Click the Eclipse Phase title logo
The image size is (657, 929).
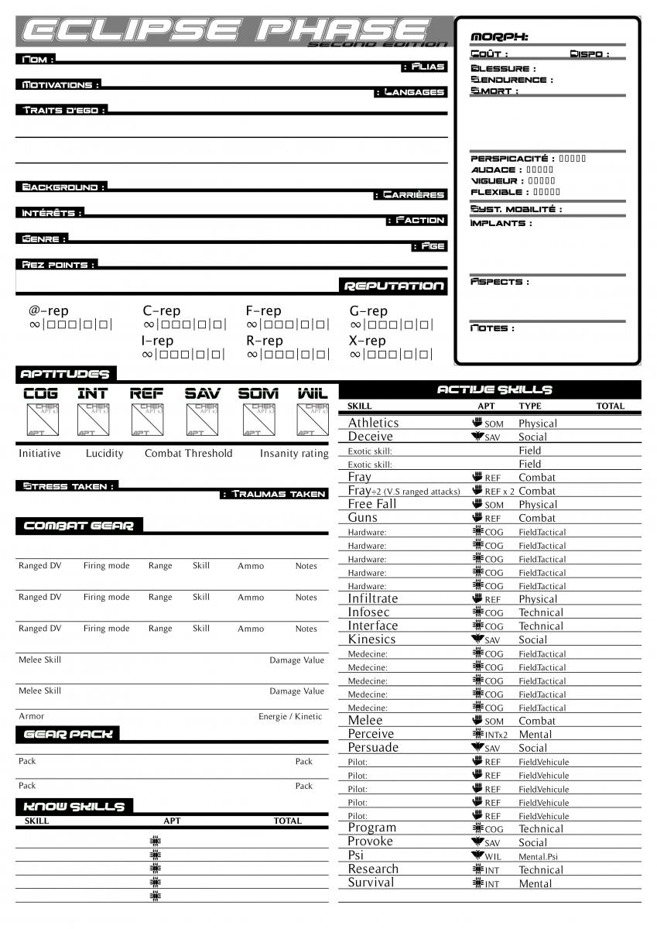click(x=232, y=31)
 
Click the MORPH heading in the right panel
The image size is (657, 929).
click(x=499, y=37)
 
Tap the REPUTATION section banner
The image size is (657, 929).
click(x=393, y=286)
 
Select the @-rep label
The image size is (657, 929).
click(x=49, y=311)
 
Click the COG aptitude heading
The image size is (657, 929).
click(x=40, y=393)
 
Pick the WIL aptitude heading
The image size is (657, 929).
click(x=313, y=393)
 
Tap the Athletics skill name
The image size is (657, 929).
click(x=373, y=423)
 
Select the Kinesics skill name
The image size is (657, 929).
click(x=371, y=639)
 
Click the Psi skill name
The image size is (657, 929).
click(x=355, y=855)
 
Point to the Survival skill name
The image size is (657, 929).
click(x=371, y=883)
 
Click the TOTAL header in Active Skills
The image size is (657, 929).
click(x=610, y=406)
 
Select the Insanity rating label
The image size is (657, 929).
click(x=294, y=454)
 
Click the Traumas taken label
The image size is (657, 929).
click(x=274, y=494)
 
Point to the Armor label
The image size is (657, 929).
click(x=31, y=716)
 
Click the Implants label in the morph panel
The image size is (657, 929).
click(x=501, y=223)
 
